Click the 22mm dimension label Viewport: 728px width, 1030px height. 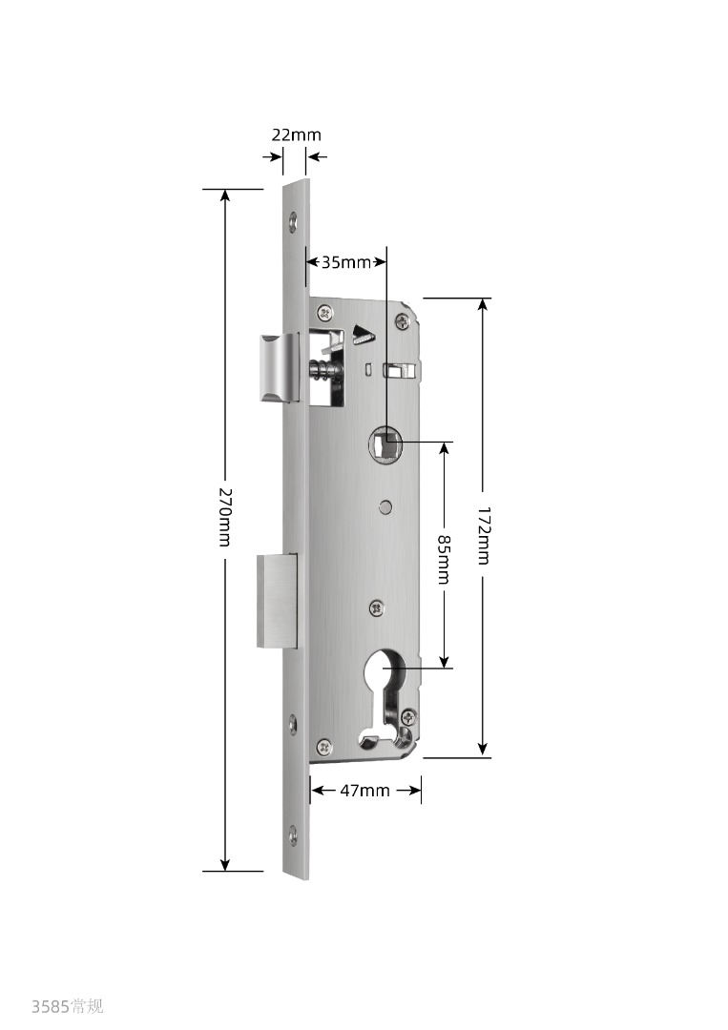[x=297, y=134]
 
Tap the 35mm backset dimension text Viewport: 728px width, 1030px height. [x=346, y=263]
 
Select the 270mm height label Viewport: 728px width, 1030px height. [x=225, y=517]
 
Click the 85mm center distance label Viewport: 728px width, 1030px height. [x=445, y=559]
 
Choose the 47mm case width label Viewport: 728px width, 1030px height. [x=364, y=791]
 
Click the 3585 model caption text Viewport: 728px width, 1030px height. [x=67, y=1006]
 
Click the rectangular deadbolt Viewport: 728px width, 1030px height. [x=277, y=601]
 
